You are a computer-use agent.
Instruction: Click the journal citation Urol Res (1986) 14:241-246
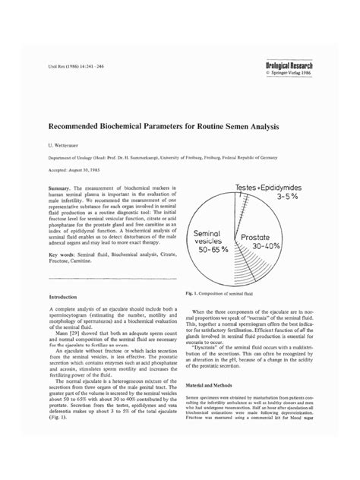point(76,68)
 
